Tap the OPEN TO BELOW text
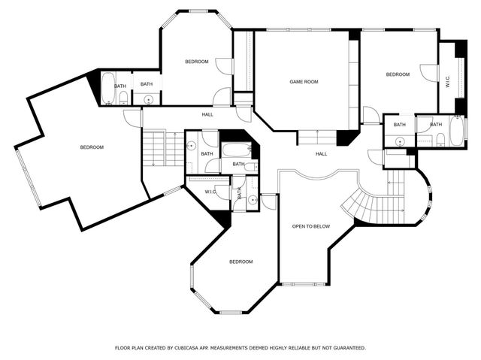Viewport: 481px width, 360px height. [x=310, y=225]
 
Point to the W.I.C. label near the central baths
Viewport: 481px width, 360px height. [x=210, y=192]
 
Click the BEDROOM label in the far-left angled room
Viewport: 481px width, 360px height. [x=92, y=147]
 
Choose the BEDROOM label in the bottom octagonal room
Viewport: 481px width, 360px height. [x=240, y=262]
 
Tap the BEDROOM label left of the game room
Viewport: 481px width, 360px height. [x=196, y=62]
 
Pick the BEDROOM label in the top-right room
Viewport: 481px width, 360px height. [x=398, y=74]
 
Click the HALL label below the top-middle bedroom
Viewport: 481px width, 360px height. [x=207, y=114]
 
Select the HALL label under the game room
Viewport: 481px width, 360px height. [x=321, y=154]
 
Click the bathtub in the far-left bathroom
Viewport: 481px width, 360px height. [x=107, y=87]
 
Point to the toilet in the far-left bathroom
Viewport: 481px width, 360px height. [x=123, y=97]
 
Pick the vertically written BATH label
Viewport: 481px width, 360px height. [x=240, y=194]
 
